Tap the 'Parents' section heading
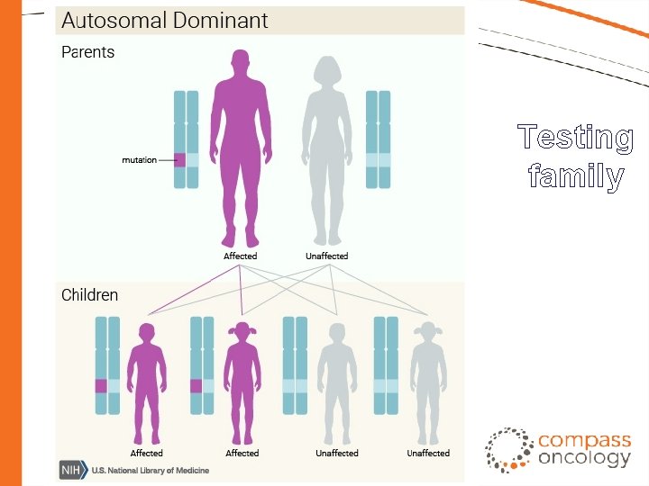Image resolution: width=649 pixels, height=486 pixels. click(x=87, y=52)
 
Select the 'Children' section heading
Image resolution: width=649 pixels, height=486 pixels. click(x=89, y=294)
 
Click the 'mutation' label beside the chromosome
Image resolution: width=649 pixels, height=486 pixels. click(x=139, y=160)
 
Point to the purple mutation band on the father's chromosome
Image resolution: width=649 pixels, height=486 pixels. click(x=179, y=160)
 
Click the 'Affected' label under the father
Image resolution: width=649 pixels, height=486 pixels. click(x=240, y=256)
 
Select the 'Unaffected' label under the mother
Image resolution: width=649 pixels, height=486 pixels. click(x=326, y=256)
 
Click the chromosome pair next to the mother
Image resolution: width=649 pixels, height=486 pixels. click(x=378, y=139)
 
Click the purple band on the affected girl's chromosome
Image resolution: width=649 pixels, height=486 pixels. click(x=196, y=386)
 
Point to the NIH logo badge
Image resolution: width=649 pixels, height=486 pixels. click(x=69, y=471)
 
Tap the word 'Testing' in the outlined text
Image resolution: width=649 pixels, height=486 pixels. click(x=576, y=138)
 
